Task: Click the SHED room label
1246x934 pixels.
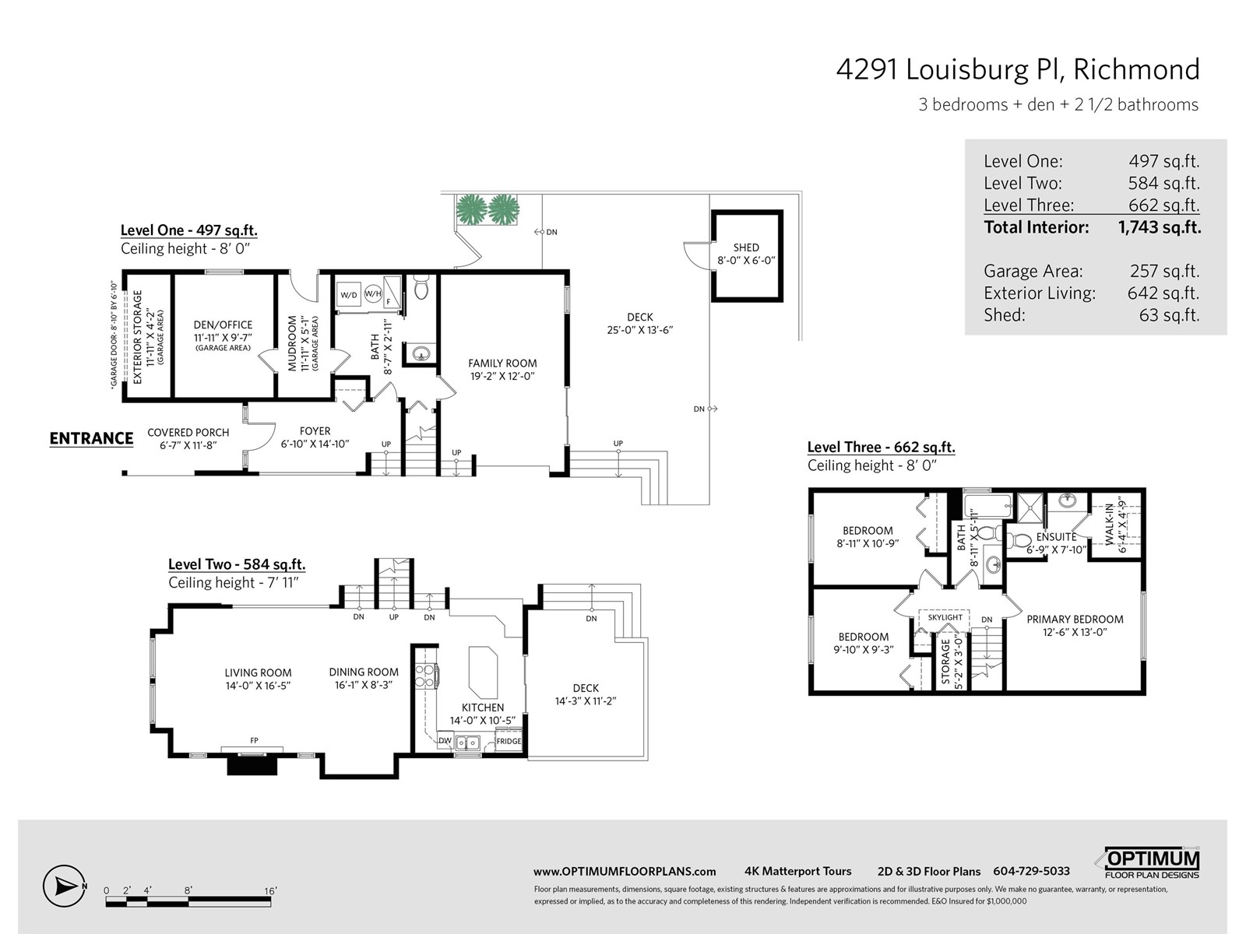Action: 746,248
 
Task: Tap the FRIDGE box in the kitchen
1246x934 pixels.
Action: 509,741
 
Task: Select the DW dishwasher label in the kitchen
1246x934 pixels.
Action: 445,741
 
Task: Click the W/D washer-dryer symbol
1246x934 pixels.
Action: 349,295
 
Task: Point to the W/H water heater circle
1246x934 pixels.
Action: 373,293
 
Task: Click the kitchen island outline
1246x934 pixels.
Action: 483,672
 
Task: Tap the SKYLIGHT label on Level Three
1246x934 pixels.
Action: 945,617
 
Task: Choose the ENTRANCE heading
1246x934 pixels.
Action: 91,438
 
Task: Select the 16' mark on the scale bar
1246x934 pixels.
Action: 270,891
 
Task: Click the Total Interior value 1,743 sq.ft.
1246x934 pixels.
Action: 1160,227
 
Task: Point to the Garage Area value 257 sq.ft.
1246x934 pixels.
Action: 1165,271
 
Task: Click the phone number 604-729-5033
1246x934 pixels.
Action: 1031,871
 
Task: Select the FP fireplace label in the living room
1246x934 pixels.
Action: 255,741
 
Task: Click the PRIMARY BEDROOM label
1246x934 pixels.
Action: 1075,620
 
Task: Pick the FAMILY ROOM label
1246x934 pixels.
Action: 502,363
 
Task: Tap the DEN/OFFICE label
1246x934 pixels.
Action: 223,325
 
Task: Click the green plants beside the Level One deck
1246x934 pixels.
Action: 487,209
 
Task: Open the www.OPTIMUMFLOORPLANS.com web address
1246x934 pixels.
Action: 625,872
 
